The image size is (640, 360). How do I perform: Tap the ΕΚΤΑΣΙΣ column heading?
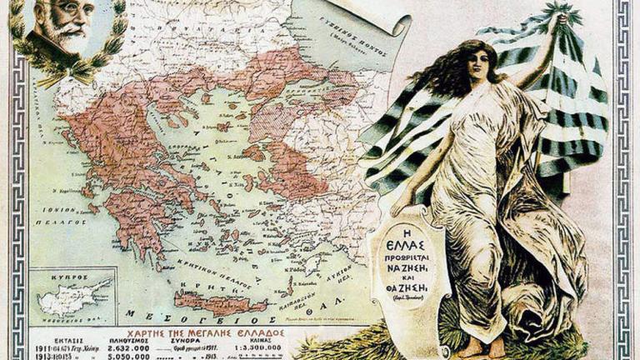[x=50, y=339]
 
